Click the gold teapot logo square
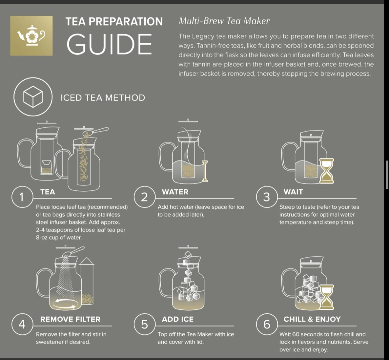[31, 35]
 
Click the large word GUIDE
[109, 44]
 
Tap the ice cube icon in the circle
[33, 97]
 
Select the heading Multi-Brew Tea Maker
[224, 21]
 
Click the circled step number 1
[22, 197]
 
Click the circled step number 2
[144, 197]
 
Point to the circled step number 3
[266, 197]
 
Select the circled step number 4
[22, 324]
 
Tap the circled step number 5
[144, 324]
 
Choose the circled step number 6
[266, 324]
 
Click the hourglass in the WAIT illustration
[327, 170]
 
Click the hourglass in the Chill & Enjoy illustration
[327, 297]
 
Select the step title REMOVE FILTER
[70, 319]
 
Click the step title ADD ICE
[177, 319]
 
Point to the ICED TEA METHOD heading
[103, 97]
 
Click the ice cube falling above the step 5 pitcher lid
[188, 255]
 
